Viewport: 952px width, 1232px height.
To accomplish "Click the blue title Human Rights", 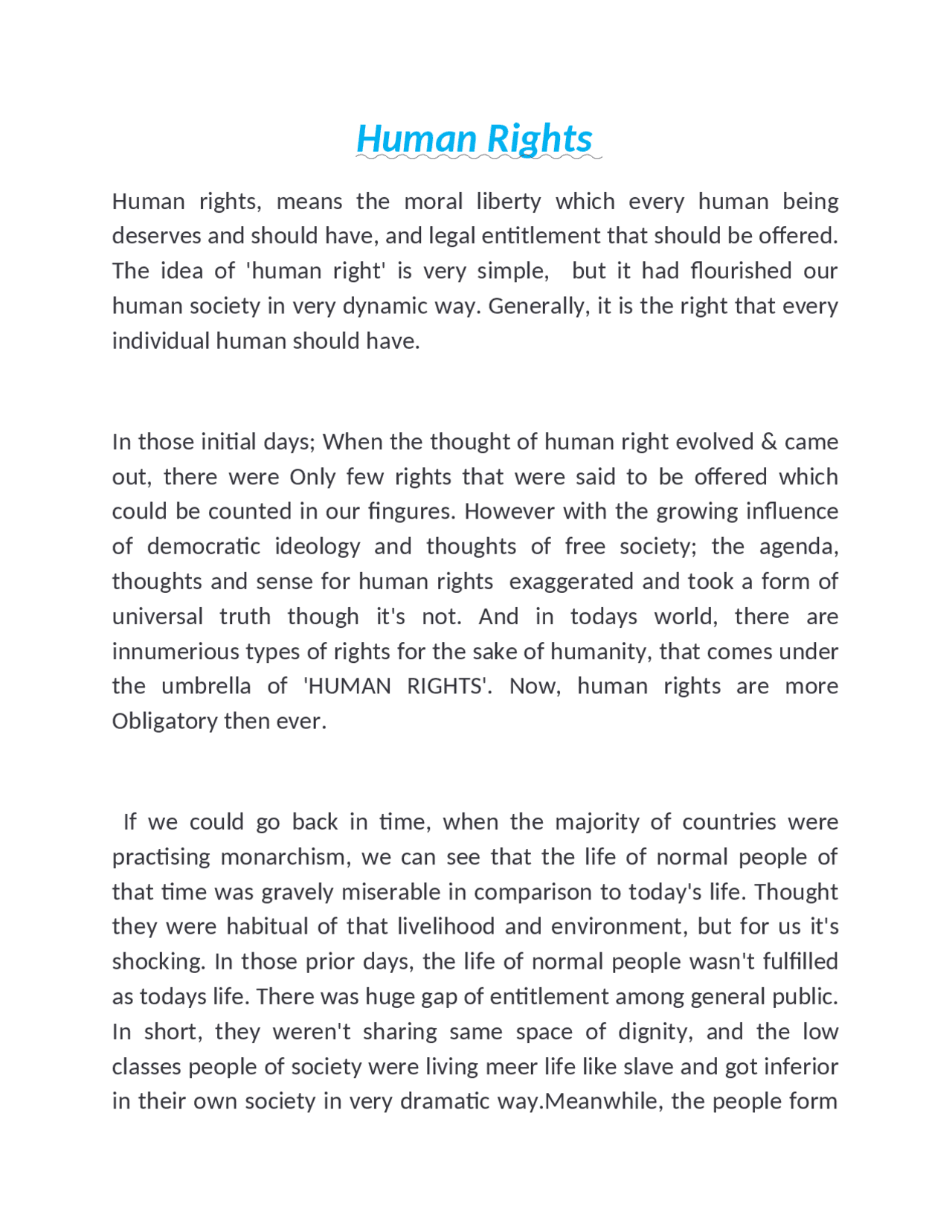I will pyautogui.click(x=475, y=138).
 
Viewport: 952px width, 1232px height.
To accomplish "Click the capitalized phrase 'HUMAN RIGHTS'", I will pyautogui.click(x=398, y=686).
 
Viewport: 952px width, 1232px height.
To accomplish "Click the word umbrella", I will pyautogui.click(x=206, y=686).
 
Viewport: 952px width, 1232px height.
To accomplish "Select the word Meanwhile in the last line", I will pyautogui.click(x=602, y=1101).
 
